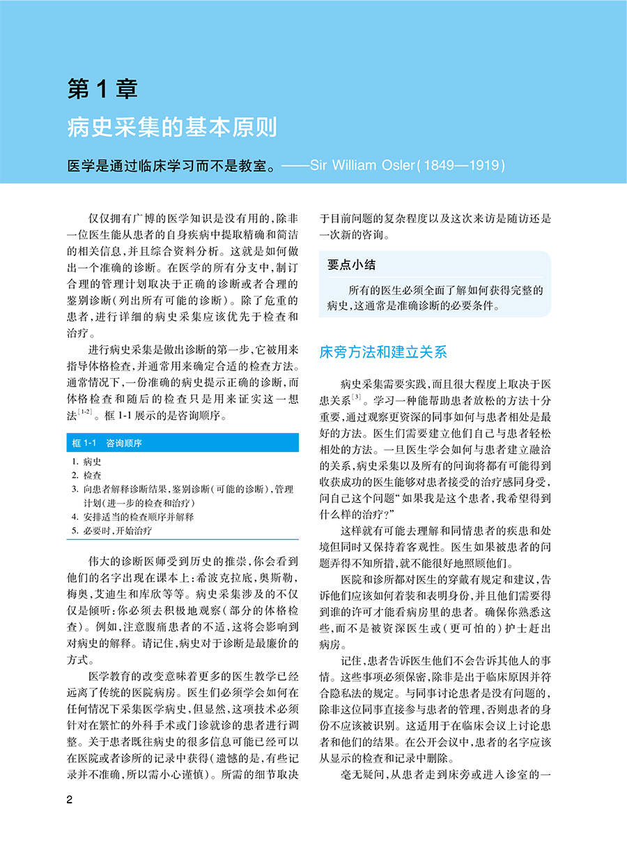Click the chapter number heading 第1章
point(102,89)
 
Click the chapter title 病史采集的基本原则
point(172,128)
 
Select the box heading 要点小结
point(352,265)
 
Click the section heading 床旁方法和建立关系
point(383,352)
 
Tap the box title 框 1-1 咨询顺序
point(111,444)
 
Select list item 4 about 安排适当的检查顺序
point(132,517)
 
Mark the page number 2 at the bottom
point(70,800)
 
